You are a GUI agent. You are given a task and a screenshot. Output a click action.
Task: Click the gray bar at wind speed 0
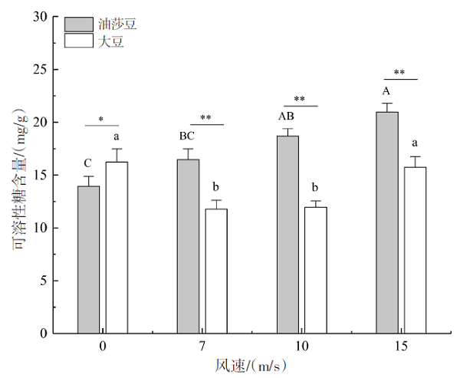88,260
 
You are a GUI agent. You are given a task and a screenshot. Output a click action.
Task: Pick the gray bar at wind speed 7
188,246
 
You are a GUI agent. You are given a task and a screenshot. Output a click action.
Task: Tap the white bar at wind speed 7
216,271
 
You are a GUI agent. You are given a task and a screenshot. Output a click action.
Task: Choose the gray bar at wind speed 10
287,235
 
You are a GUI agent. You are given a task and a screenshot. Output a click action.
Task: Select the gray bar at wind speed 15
387,222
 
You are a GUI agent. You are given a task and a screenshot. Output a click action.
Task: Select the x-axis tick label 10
301,347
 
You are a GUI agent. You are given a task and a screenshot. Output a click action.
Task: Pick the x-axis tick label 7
202,347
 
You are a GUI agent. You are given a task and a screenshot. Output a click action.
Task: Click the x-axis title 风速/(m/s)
251,366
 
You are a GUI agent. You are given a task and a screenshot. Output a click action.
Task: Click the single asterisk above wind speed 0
101,120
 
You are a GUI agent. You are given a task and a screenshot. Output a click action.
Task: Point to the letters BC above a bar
188,136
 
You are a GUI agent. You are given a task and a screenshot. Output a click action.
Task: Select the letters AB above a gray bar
287,117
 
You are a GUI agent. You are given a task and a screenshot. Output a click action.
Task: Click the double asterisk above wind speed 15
399,74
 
